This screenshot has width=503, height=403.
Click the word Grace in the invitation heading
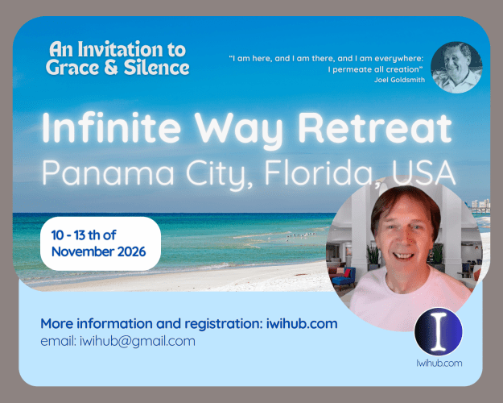pos(72,68)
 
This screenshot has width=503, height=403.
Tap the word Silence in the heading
pos(157,68)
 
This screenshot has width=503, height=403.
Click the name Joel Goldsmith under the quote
pos(399,80)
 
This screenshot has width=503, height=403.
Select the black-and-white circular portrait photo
pos(456,68)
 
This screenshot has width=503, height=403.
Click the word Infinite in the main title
pos(111,127)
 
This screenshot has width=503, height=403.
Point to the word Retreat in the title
pos(375,127)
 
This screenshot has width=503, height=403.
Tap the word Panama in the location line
pos(108,172)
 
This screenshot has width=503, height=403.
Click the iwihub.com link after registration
pos(302,324)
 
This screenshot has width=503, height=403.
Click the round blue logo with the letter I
pos(438,331)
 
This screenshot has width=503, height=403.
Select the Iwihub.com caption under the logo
pos(439,364)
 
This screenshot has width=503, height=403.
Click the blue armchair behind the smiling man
pos(344,277)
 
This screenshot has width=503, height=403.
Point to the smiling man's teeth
pos(403,256)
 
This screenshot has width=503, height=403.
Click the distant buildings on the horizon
pos(480,204)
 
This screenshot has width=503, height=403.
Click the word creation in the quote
pos(403,69)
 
